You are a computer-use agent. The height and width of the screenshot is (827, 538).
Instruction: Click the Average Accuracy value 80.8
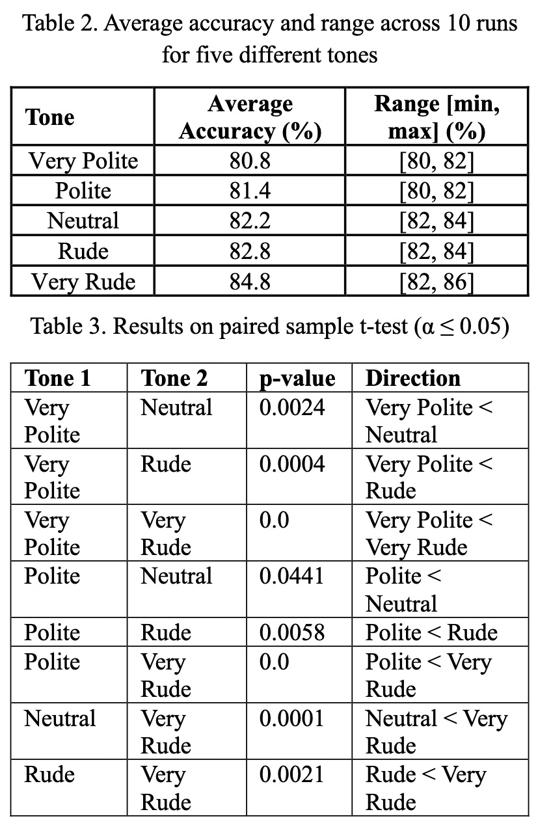click(250, 160)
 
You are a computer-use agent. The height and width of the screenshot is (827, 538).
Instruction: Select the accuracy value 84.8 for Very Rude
click(250, 282)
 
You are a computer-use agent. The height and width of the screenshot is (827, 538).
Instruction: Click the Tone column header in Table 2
click(50, 118)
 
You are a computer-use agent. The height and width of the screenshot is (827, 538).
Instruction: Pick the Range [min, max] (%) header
click(437, 118)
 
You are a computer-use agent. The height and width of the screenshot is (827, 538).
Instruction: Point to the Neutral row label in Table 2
click(83, 221)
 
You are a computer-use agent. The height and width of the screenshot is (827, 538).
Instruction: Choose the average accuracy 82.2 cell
click(250, 221)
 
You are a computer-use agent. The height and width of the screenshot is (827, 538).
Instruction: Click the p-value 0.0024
click(291, 408)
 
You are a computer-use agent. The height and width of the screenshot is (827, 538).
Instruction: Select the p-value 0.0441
click(291, 576)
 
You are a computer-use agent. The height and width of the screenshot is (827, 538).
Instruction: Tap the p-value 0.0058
click(291, 632)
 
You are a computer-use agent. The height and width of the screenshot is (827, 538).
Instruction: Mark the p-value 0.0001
click(291, 718)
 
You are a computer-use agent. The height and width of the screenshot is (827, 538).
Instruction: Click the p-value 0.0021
click(291, 774)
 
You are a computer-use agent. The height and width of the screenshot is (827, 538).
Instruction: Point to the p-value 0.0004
click(291, 464)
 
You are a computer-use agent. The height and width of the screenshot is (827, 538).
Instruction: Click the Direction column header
click(413, 378)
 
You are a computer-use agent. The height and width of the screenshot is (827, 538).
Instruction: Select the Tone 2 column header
click(174, 378)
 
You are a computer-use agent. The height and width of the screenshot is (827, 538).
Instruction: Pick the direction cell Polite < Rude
click(432, 632)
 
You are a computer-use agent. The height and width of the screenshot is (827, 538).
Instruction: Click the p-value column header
click(297, 378)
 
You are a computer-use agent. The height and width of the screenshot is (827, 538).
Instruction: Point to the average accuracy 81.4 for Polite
click(250, 191)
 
